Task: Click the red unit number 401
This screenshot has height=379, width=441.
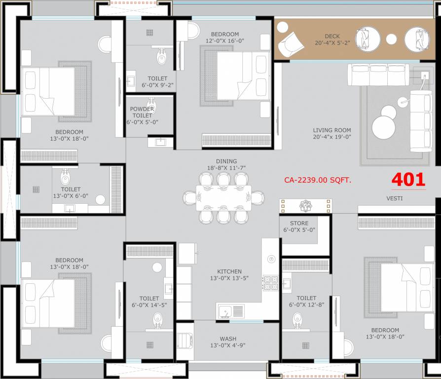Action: click(x=408, y=180)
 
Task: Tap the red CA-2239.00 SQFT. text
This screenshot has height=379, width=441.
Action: click(x=318, y=180)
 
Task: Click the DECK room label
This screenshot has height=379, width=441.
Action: click(x=332, y=37)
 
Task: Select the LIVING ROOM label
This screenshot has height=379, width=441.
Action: click(x=332, y=130)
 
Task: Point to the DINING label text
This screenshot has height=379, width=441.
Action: click(x=226, y=161)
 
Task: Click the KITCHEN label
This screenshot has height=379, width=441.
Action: click(x=229, y=271)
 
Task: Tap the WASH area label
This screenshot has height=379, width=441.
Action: click(x=228, y=339)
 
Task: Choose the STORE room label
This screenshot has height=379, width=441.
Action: click(x=299, y=223)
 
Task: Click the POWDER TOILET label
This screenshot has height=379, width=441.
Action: click(x=142, y=112)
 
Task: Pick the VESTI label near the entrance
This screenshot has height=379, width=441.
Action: click(x=395, y=198)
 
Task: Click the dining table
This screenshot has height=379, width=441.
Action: click(x=223, y=197)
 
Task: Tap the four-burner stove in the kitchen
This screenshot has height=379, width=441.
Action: click(x=270, y=283)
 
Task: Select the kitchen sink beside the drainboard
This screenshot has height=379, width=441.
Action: click(x=225, y=311)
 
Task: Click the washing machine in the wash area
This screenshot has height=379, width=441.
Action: click(x=185, y=341)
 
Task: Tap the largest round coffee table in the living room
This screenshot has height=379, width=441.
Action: click(x=383, y=127)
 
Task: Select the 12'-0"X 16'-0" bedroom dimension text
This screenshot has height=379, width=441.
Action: click(x=225, y=41)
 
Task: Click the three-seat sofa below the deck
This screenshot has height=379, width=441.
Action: click(x=378, y=75)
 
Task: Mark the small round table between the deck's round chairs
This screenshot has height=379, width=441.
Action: click(x=391, y=39)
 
